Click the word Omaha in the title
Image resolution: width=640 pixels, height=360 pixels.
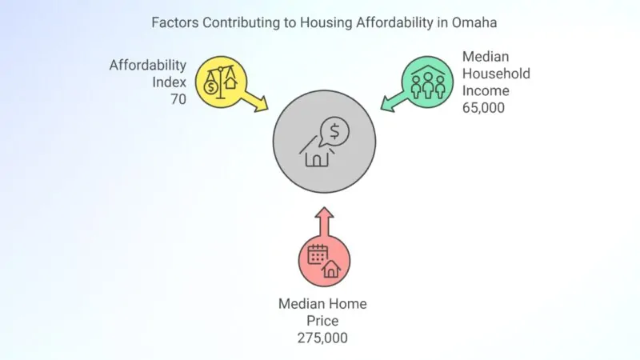473,22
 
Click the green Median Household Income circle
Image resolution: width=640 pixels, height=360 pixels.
427,82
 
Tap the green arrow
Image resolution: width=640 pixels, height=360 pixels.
391,101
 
